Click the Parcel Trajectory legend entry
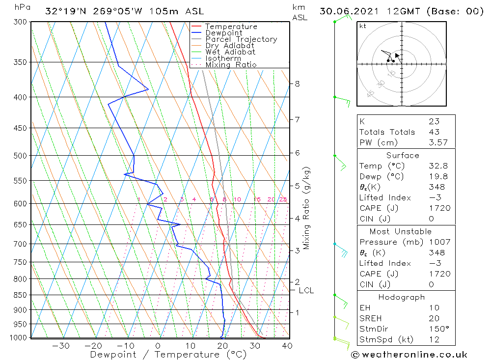point(241,39)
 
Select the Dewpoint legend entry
point(224,33)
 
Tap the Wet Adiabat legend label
point(230,52)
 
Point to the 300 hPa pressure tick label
point(20,22)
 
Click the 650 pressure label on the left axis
point(20,224)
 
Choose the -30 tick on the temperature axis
point(61,346)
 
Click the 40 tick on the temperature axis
point(287,346)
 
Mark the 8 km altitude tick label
point(297,83)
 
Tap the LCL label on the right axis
point(306,291)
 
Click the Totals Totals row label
point(387,132)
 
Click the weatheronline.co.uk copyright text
point(409,355)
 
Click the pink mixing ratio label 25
point(283,199)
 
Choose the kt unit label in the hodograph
point(362,26)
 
